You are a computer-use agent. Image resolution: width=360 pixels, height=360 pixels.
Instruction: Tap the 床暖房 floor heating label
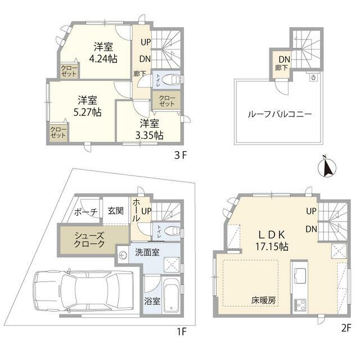[264, 300]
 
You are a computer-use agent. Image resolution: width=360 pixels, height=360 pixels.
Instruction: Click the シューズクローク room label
[89, 240]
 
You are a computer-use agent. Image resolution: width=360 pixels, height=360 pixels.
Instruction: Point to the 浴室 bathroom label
[152, 300]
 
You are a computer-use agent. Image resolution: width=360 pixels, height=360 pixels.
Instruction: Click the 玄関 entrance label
[115, 211]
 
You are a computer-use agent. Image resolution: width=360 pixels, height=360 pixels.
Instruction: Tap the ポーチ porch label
[86, 211]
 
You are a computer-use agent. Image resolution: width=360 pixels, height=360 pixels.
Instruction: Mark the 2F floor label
[345, 327]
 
